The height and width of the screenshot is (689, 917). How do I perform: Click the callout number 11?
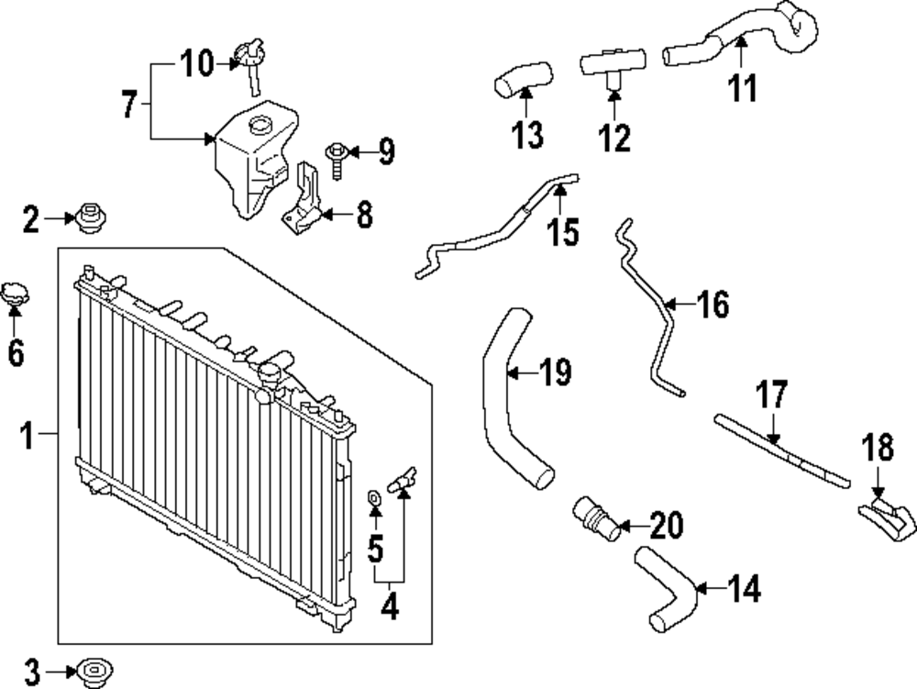(x=743, y=88)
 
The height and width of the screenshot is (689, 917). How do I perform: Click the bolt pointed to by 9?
(x=337, y=159)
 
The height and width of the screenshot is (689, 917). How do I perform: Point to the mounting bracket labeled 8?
(x=303, y=199)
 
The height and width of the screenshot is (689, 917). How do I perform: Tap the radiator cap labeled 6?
(x=15, y=296)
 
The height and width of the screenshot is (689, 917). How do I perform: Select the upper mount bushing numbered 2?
(x=89, y=217)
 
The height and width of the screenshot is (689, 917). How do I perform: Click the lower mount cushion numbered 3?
(x=94, y=672)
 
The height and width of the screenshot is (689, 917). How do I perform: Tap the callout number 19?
(x=555, y=372)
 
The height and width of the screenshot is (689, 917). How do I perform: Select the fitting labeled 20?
(x=596, y=518)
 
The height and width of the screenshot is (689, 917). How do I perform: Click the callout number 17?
(x=771, y=395)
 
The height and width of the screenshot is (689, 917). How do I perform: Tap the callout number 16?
(x=713, y=305)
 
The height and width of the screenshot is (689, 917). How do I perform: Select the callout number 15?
(x=563, y=231)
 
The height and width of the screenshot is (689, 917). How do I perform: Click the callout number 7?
(x=130, y=105)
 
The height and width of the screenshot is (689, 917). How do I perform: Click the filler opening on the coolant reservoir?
(x=259, y=124)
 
